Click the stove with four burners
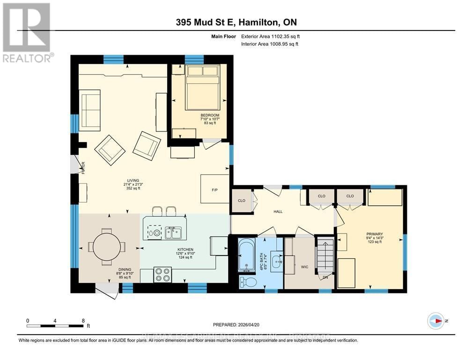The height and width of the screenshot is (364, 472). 162,274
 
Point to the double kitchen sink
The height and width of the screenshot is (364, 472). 173,232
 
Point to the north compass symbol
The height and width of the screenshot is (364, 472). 436,321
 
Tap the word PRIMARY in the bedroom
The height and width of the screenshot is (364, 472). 375,234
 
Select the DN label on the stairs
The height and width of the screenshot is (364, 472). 325,277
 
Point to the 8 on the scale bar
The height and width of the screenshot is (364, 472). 83,320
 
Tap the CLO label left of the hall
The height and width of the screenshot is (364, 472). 242,201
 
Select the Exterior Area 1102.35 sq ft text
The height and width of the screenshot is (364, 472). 269,36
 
